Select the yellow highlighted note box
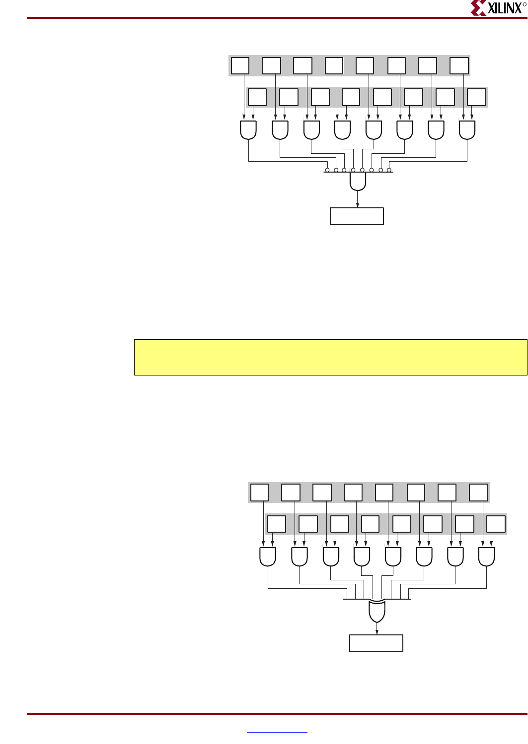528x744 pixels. coord(330,357)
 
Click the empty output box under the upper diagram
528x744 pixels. coord(357,216)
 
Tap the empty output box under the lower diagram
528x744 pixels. coord(376,643)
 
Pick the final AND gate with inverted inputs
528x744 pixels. coord(358,182)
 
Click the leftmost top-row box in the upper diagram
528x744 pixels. coord(240,66)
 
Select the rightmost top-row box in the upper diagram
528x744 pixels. coord(459,66)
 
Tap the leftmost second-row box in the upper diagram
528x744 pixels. coord(257,97)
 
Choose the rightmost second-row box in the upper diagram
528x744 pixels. coord(476,97)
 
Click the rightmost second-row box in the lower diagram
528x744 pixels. coord(496,524)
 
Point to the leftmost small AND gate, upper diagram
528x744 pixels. coord(248,130)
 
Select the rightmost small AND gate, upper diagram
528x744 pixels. coord(467,130)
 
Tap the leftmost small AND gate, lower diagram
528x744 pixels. coord(268,557)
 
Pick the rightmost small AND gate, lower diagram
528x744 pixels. coord(486,557)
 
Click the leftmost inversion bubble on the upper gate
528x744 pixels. coord(327,170)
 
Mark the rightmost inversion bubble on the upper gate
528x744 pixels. coord(389,170)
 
